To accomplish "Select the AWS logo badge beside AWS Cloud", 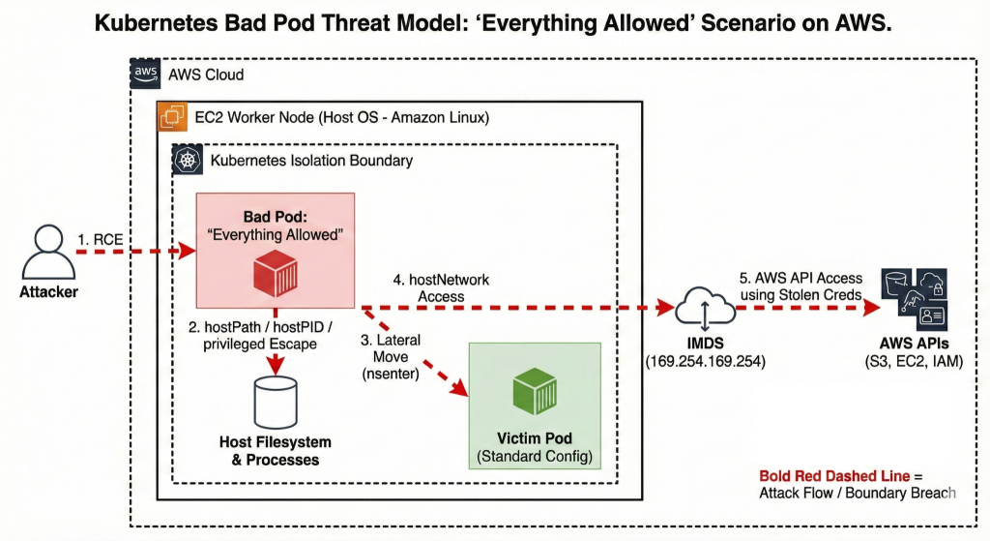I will point(146,75).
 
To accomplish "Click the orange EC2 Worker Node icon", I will point(173,118).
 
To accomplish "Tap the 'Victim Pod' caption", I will point(535,438).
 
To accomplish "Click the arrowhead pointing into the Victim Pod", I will point(461,389).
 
